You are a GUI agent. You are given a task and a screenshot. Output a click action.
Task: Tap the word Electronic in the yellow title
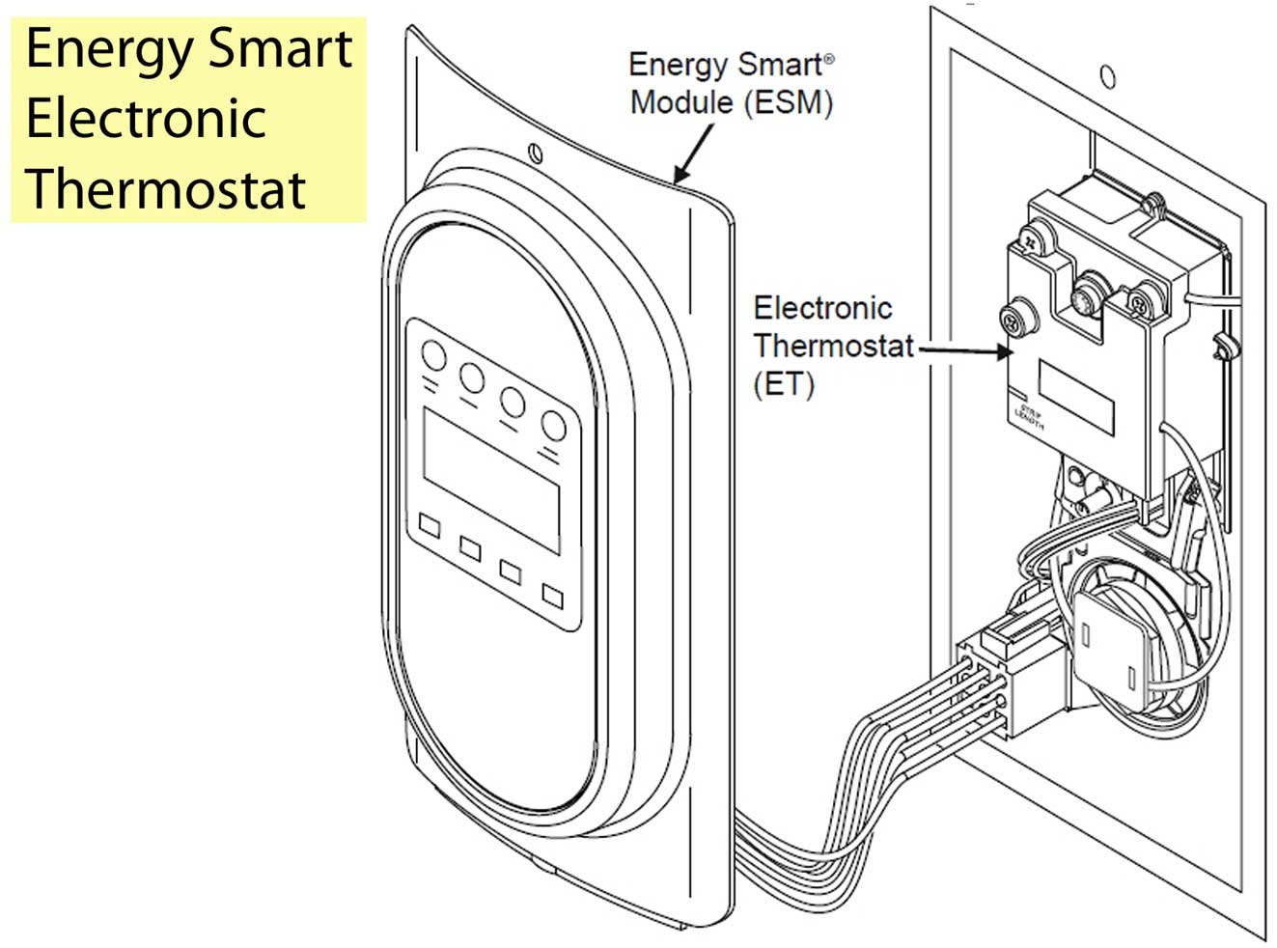[x=145, y=120]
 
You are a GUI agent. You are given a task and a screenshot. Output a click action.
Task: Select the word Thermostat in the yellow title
[x=165, y=188]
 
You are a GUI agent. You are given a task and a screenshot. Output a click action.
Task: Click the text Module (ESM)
[x=731, y=102]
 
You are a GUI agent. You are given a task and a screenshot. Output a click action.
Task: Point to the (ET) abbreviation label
[x=783, y=384]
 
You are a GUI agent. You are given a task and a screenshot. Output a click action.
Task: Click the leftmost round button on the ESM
[x=434, y=356]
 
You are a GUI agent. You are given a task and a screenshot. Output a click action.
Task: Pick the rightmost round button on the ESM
[x=553, y=425]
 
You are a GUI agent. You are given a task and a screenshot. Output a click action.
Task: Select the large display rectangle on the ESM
[x=491, y=479]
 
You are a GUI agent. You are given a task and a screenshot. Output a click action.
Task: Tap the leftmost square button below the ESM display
[x=430, y=526]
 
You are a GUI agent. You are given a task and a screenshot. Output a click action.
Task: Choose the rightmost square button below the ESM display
[x=552, y=595]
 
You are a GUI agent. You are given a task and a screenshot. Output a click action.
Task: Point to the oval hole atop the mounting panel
[x=1108, y=77]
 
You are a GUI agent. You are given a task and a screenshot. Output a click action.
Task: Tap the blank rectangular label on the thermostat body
[x=1076, y=396]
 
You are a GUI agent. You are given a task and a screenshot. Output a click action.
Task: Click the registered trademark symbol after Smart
[x=828, y=60]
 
